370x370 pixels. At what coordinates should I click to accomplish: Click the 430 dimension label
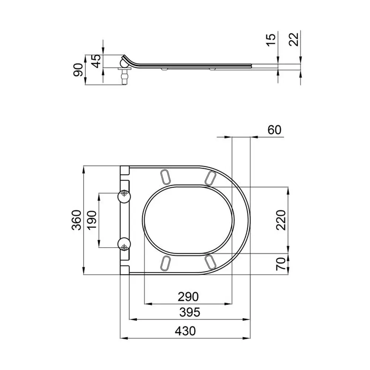tap(185, 331)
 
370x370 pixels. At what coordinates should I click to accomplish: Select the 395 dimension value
tap(190, 312)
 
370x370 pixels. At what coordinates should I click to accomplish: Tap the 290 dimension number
tap(188, 297)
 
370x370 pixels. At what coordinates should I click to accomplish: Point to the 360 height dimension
tap(77, 220)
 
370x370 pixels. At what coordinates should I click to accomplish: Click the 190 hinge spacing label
tap(92, 220)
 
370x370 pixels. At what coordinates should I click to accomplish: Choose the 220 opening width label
tap(281, 220)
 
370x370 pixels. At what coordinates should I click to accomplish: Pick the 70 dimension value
tap(281, 264)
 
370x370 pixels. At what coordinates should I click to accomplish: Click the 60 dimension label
tap(275, 130)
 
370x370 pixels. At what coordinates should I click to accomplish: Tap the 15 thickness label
tap(271, 40)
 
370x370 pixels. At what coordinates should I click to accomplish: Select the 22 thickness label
tap(294, 40)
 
